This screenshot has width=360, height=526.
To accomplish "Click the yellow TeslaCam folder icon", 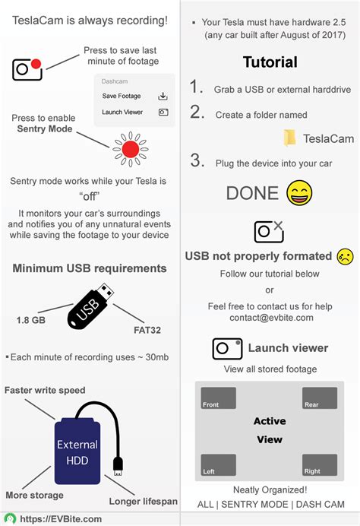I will [x=290, y=138].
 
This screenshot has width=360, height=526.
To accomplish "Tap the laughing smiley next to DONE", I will [x=300, y=192].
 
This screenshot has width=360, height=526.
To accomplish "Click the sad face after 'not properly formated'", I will [x=345, y=255].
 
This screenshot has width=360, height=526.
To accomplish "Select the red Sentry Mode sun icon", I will [x=131, y=148].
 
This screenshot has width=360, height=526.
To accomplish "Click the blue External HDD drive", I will [x=76, y=451].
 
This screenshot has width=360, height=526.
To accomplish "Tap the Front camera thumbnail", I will [x=218, y=398].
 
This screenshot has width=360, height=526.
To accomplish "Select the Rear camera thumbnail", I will [x=320, y=398].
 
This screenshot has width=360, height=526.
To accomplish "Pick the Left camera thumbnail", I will [x=218, y=464].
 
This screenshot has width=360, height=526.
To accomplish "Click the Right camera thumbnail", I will [x=320, y=464].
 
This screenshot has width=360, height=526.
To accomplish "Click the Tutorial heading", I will [x=270, y=62].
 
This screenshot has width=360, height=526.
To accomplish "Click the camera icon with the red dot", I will [x=27, y=68].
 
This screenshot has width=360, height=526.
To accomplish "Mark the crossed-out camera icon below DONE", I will [x=269, y=230].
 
